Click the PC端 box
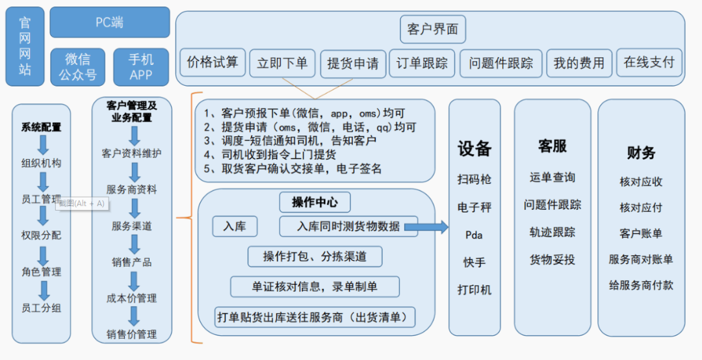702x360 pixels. [110, 22]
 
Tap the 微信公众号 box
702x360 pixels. [78, 67]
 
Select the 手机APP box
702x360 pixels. [141, 67]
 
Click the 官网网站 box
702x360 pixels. [25, 46]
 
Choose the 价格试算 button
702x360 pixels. [213, 62]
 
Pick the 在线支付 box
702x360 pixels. [649, 62]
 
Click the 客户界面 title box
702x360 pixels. [433, 29]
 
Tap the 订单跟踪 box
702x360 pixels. [422, 64]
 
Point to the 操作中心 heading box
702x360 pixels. [315, 202]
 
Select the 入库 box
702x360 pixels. [235, 226]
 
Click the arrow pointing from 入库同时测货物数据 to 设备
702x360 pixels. [426, 227]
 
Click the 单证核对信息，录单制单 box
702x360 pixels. [315, 287]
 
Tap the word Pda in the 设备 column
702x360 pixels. [474, 235]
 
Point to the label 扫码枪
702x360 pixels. [474, 179]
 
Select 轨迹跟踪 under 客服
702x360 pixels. [552, 233]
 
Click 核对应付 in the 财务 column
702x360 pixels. [641, 208]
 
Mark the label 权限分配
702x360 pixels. [41, 235]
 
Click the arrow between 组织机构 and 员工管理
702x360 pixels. [43, 181]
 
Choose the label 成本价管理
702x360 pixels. [131, 299]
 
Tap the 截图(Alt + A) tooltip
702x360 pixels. [82, 204]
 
